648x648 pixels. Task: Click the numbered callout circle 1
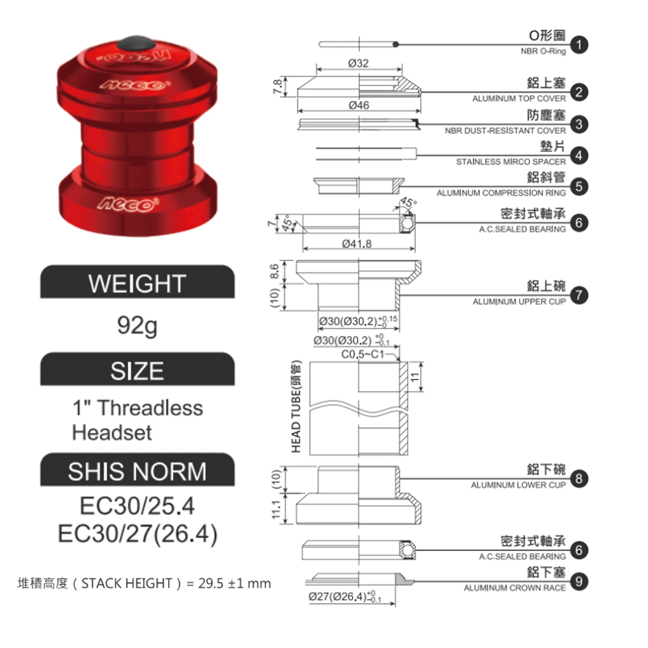pyautogui.click(x=579, y=45)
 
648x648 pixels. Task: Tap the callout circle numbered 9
pyautogui.click(x=579, y=582)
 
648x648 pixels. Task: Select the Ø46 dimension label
pyautogui.click(x=358, y=105)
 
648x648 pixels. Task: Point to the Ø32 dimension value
pyautogui.click(x=358, y=63)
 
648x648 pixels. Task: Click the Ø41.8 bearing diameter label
pyautogui.click(x=356, y=244)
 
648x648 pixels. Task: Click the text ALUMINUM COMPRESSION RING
pyautogui.click(x=501, y=193)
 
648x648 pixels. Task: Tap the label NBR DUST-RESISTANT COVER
pyautogui.click(x=505, y=131)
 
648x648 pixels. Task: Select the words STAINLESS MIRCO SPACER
pyautogui.click(x=511, y=162)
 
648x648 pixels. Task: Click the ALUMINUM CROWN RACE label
pyautogui.click(x=514, y=588)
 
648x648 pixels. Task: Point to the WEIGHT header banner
pyautogui.click(x=137, y=283)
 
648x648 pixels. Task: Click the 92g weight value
pyautogui.click(x=137, y=325)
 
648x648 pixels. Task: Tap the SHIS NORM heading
pyautogui.click(x=137, y=471)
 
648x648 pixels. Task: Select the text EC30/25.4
pyautogui.click(x=137, y=506)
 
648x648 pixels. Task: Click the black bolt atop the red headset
pyautogui.click(x=138, y=43)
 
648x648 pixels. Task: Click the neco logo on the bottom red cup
pyautogui.click(x=128, y=203)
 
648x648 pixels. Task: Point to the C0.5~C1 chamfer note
pyautogui.click(x=362, y=354)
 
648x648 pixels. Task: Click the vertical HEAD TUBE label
pyautogui.click(x=296, y=406)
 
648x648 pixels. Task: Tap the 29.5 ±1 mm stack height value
pyautogui.click(x=234, y=584)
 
